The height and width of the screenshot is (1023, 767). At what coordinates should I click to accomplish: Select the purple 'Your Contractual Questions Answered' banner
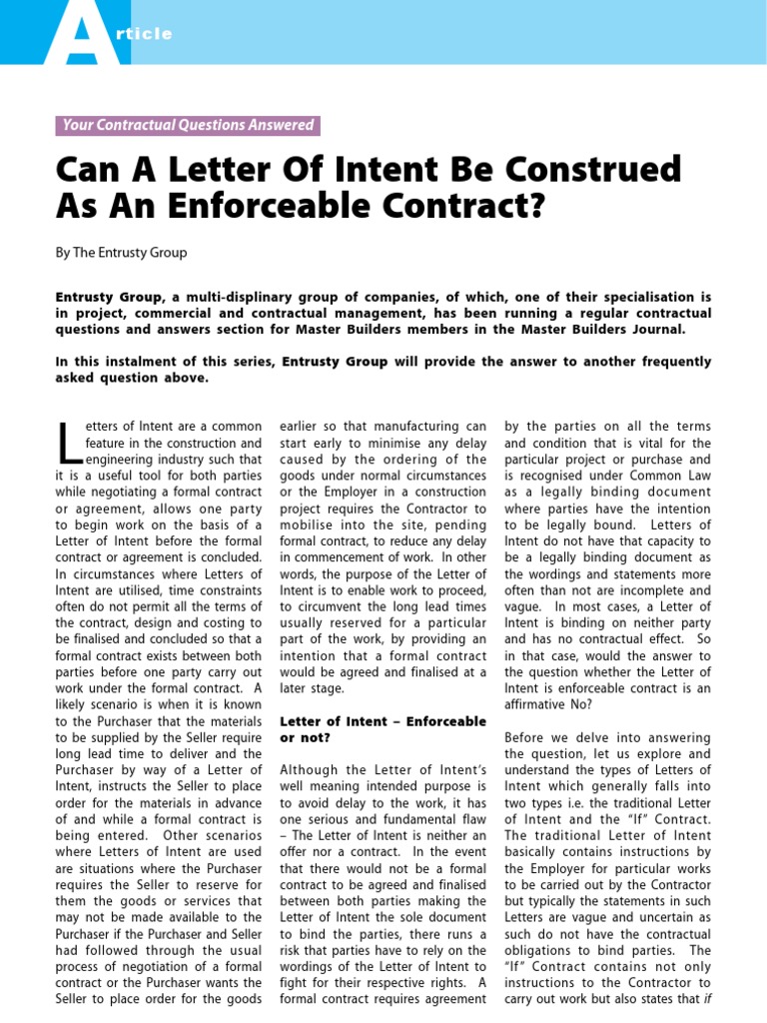tap(188, 126)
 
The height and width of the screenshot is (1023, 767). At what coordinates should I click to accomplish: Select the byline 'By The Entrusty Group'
tap(121, 253)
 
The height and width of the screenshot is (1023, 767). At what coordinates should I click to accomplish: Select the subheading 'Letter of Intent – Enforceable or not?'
tap(383, 728)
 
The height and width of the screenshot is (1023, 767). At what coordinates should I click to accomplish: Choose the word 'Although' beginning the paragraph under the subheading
tap(310, 769)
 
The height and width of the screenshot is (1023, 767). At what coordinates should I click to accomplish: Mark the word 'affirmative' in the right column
tap(540, 688)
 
